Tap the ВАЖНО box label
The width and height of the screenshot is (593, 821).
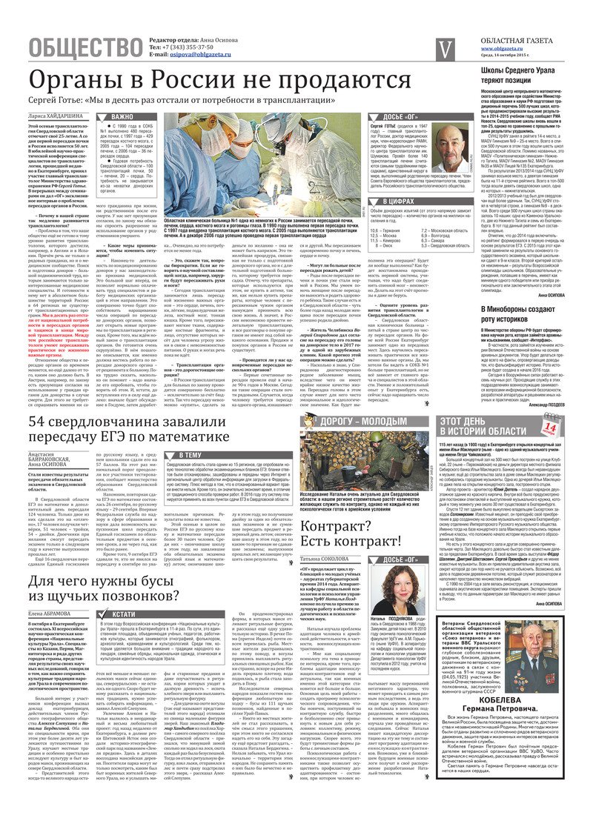122,117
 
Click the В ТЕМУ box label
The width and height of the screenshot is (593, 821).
189,454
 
